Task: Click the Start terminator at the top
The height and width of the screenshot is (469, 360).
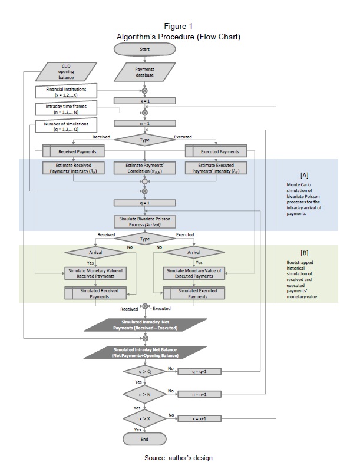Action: coord(144,48)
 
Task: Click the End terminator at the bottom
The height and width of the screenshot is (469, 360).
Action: coord(144,439)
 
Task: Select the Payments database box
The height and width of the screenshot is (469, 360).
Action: coord(144,72)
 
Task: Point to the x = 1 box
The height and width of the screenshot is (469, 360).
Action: coord(144,101)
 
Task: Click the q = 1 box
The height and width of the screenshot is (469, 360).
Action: coord(144,203)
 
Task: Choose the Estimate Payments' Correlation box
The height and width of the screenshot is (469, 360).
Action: coord(144,168)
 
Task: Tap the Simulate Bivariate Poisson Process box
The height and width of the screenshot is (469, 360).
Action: coord(144,222)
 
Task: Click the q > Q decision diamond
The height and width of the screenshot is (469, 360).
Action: coord(144,372)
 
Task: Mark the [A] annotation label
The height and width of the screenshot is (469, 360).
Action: coord(304,176)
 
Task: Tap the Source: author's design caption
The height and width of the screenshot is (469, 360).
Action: coord(179,457)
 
